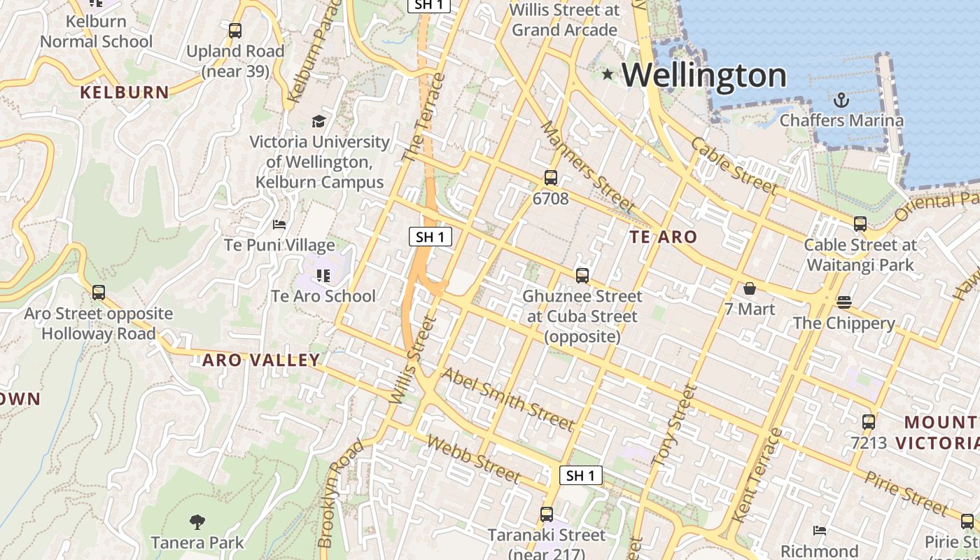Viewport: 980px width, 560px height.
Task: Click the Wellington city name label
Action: click(x=704, y=75)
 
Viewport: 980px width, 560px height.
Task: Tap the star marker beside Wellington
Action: click(x=607, y=74)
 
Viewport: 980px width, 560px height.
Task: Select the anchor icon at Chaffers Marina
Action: click(x=841, y=100)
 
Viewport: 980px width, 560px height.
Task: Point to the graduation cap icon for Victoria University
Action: click(x=319, y=121)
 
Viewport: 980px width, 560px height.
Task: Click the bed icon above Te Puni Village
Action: click(x=279, y=225)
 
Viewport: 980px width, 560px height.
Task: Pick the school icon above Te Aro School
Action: click(x=323, y=276)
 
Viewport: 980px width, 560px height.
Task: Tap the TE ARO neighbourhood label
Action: click(x=663, y=237)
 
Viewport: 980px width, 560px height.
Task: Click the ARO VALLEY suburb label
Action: click(x=261, y=360)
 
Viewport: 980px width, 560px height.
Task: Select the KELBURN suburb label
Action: click(x=125, y=92)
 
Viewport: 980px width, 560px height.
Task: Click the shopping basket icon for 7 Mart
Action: click(x=750, y=288)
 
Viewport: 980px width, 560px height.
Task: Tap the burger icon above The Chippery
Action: click(x=844, y=302)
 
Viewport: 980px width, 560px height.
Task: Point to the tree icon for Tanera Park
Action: click(x=197, y=521)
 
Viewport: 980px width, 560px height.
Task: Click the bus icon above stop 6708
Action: click(x=551, y=178)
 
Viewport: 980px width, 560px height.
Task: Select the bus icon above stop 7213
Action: click(x=869, y=422)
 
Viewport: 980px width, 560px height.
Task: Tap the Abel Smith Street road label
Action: click(x=507, y=399)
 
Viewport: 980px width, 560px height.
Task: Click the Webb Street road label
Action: click(x=473, y=459)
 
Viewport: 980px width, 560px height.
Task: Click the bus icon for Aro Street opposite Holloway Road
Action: click(x=99, y=293)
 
